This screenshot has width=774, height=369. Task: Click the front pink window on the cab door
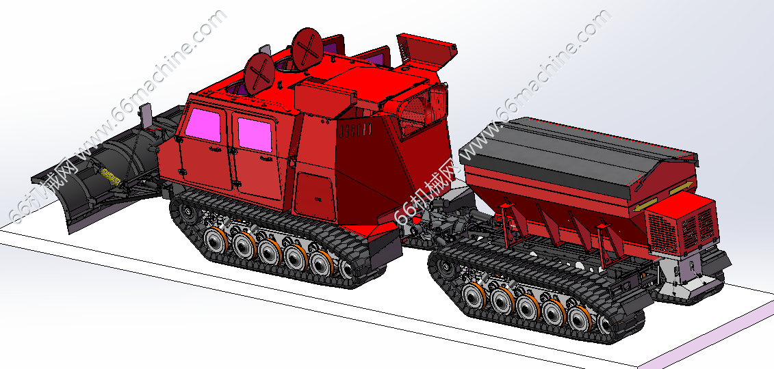[203, 125]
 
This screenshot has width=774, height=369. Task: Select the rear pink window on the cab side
[255, 135]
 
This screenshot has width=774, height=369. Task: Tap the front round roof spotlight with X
[259, 74]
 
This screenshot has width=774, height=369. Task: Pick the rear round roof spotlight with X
[307, 48]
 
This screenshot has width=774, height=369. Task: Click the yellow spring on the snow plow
[111, 177]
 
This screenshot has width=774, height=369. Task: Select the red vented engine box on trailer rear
[681, 223]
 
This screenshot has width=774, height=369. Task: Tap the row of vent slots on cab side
[355, 131]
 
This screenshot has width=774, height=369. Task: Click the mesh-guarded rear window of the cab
[422, 111]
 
